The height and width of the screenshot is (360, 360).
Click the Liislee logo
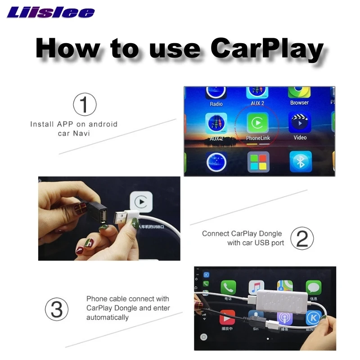pyautogui.click(x=51, y=12)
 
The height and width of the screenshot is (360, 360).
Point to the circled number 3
pyautogui.click(x=57, y=310)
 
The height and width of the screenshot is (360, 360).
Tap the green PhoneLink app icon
pyautogui.click(x=257, y=123)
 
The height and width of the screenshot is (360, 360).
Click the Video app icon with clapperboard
pyautogui.click(x=300, y=123)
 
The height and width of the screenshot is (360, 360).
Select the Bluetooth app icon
pyautogui.click(x=300, y=162)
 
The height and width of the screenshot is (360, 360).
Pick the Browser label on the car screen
pyautogui.click(x=299, y=103)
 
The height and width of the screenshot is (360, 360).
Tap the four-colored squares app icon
pyautogui.click(x=258, y=162)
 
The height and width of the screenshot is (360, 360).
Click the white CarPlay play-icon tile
pyautogui.click(x=141, y=202)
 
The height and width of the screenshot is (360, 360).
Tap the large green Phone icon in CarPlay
pyautogui.click(x=228, y=287)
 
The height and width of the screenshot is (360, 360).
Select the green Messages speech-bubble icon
pyautogui.click(x=313, y=287)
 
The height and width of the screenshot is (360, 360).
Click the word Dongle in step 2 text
pyautogui.click(x=270, y=234)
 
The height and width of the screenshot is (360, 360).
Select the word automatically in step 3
pyautogui.click(x=108, y=317)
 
